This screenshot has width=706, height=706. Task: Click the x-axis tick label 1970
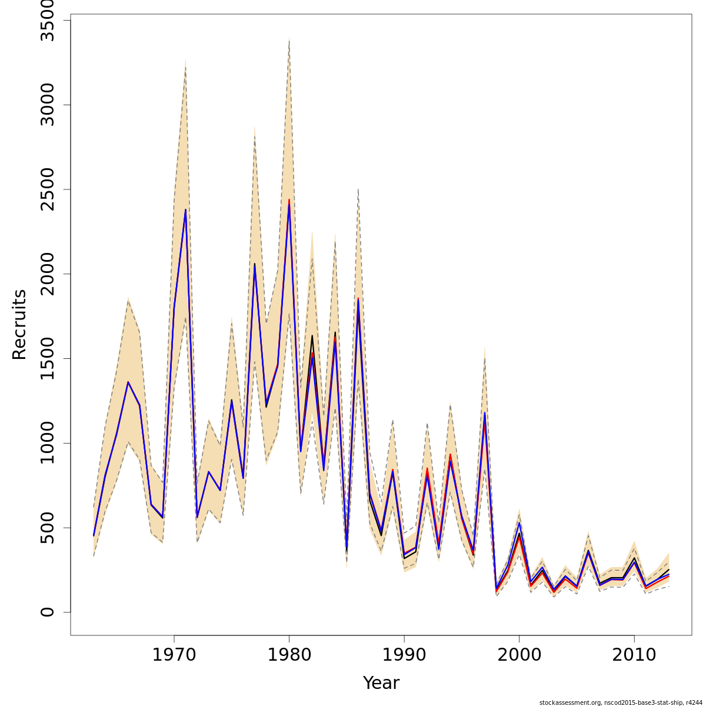[174, 655]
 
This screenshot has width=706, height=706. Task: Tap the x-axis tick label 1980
[289, 655]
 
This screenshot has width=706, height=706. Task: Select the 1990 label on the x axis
[404, 655]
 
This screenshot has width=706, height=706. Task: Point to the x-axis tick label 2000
[519, 655]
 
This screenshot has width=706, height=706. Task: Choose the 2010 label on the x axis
[634, 655]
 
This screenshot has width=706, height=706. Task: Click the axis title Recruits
[20, 324]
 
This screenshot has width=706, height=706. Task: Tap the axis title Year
[381, 683]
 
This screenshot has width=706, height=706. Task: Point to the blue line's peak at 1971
[185, 209]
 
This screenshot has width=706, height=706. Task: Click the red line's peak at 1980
[289, 199]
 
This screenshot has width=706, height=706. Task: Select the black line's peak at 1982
[312, 336]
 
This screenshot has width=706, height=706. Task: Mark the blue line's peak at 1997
[485, 412]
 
